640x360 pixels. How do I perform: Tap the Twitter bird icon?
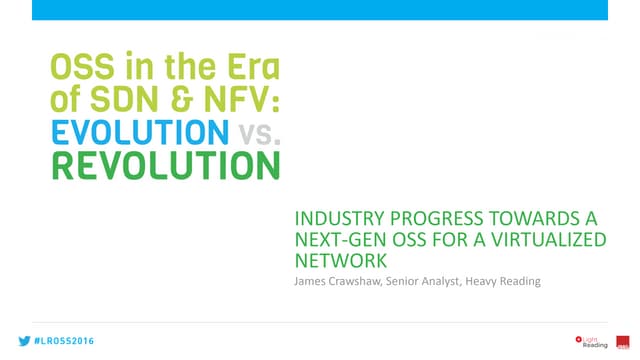(21, 341)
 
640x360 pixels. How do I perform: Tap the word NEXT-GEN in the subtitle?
(331, 241)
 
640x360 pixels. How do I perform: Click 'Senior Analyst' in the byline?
(425, 282)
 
